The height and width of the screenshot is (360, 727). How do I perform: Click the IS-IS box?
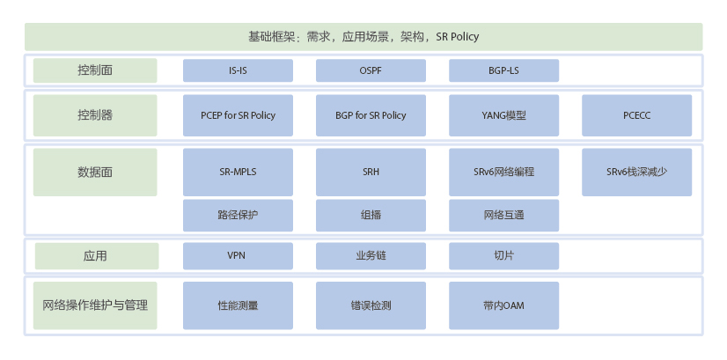(238, 70)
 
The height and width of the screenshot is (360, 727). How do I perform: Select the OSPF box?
(371, 70)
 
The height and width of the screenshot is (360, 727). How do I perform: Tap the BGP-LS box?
(504, 70)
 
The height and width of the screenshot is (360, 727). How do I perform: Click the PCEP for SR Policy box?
(238, 115)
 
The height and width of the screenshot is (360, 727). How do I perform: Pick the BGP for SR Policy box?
(371, 115)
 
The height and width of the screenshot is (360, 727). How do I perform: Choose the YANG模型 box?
(504, 115)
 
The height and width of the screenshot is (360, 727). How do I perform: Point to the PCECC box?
(637, 115)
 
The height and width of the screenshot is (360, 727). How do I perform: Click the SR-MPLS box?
(238, 173)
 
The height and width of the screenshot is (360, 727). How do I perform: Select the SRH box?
(371, 173)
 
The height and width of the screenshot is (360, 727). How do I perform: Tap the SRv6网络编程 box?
(504, 173)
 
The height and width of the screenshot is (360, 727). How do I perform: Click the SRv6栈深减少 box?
(637, 173)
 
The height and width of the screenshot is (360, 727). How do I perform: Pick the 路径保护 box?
(238, 216)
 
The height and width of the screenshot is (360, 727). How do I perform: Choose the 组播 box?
(371, 216)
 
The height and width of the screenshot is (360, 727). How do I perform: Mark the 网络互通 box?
(504, 216)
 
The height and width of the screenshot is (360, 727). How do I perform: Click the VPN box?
(238, 256)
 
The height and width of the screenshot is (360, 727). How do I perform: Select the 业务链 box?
(371, 256)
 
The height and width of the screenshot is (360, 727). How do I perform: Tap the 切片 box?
(504, 256)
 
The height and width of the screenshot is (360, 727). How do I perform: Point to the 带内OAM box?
(504, 305)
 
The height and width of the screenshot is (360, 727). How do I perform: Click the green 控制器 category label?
(95, 115)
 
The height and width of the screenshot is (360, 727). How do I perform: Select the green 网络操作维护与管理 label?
(95, 305)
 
